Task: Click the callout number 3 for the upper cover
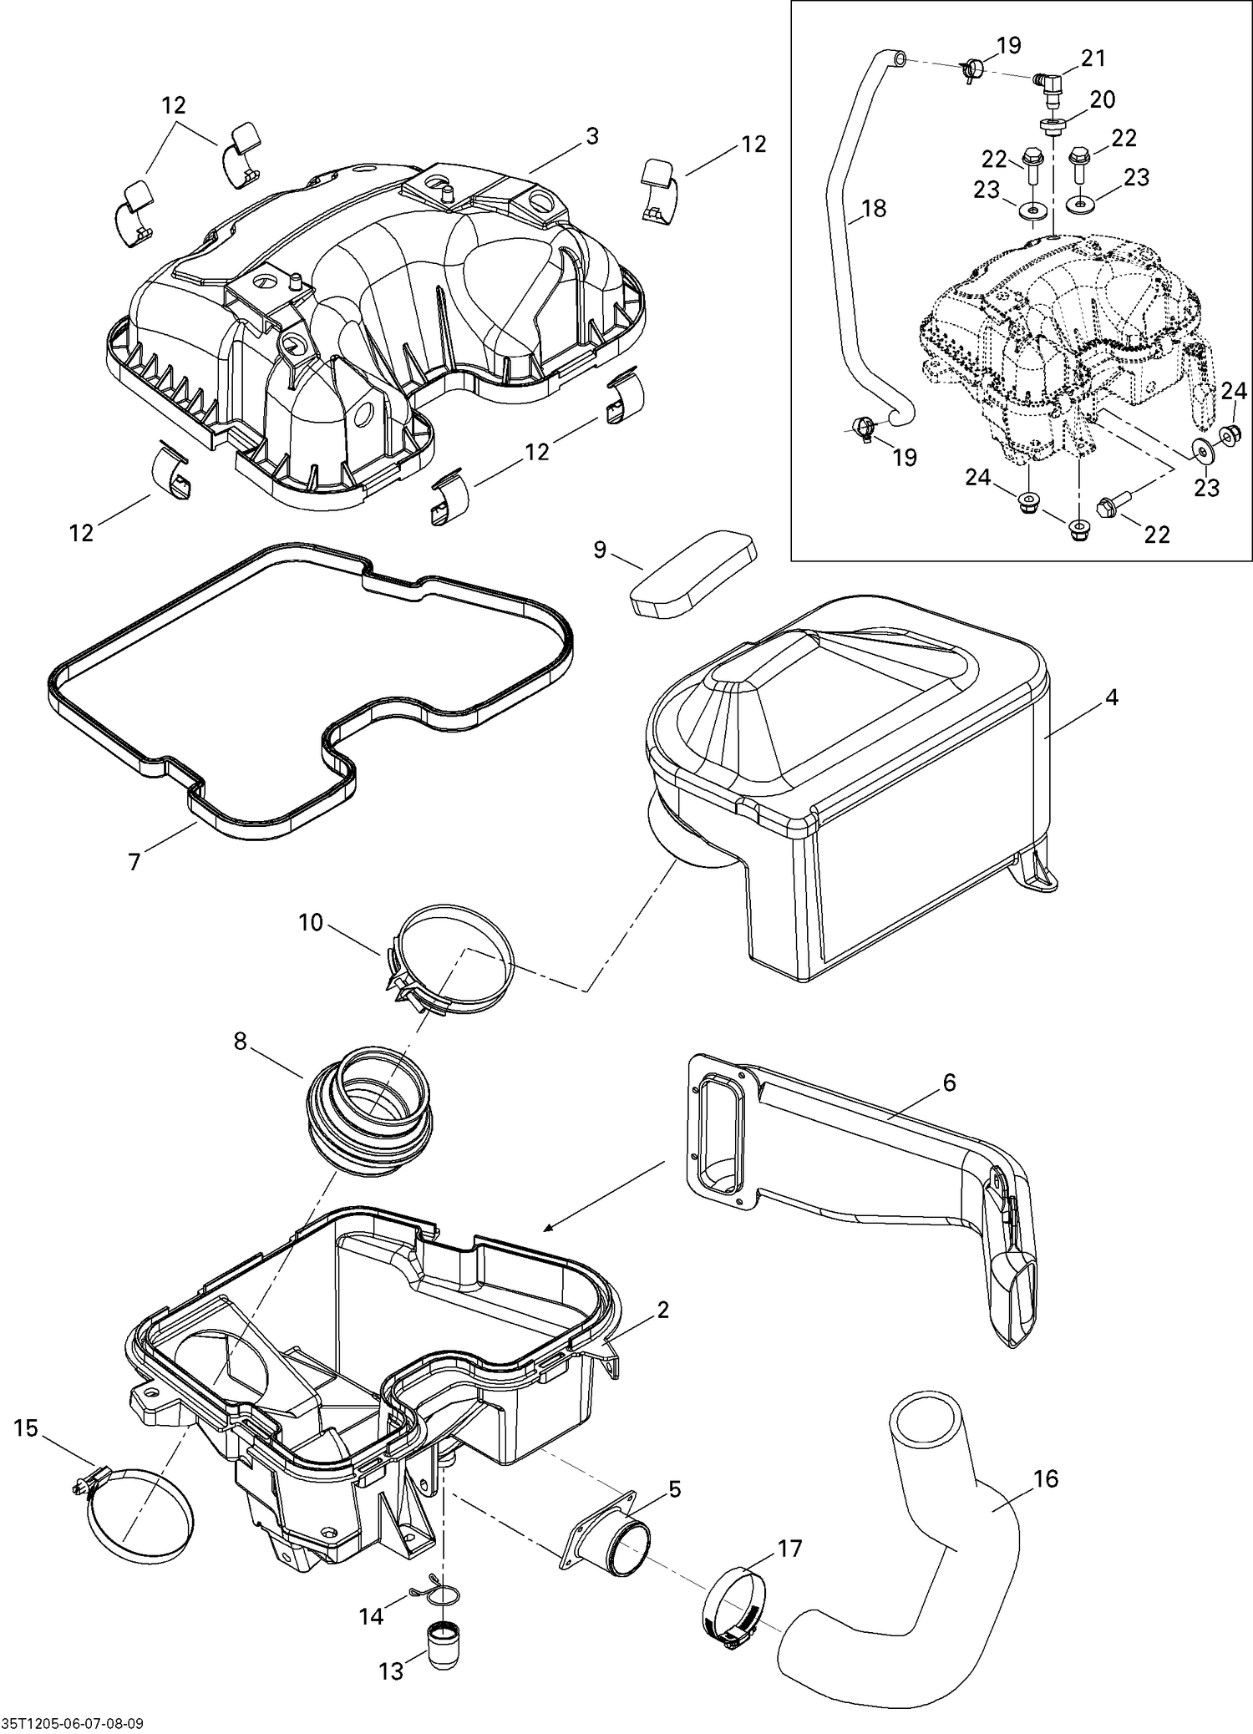(x=592, y=136)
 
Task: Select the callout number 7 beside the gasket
(x=134, y=861)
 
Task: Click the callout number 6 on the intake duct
(x=948, y=1082)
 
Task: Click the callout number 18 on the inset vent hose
(x=874, y=208)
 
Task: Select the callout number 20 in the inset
(x=1102, y=99)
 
